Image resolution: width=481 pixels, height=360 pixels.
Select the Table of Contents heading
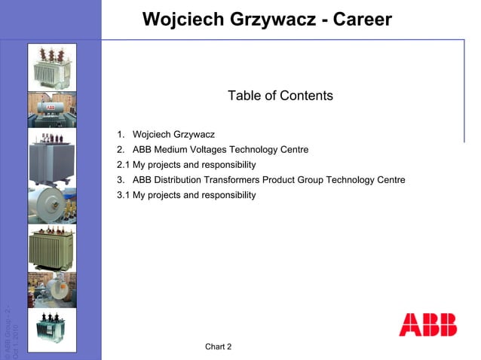(280, 96)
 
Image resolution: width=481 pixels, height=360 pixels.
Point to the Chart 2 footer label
(218, 346)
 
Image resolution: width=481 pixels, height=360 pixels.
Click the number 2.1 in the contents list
(124, 165)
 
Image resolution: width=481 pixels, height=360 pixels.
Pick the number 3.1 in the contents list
(124, 195)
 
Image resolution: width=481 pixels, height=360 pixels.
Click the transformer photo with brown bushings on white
(52, 66)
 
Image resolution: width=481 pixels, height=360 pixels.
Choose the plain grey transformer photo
(52, 156)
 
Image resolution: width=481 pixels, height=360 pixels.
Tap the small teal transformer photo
(52, 330)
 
